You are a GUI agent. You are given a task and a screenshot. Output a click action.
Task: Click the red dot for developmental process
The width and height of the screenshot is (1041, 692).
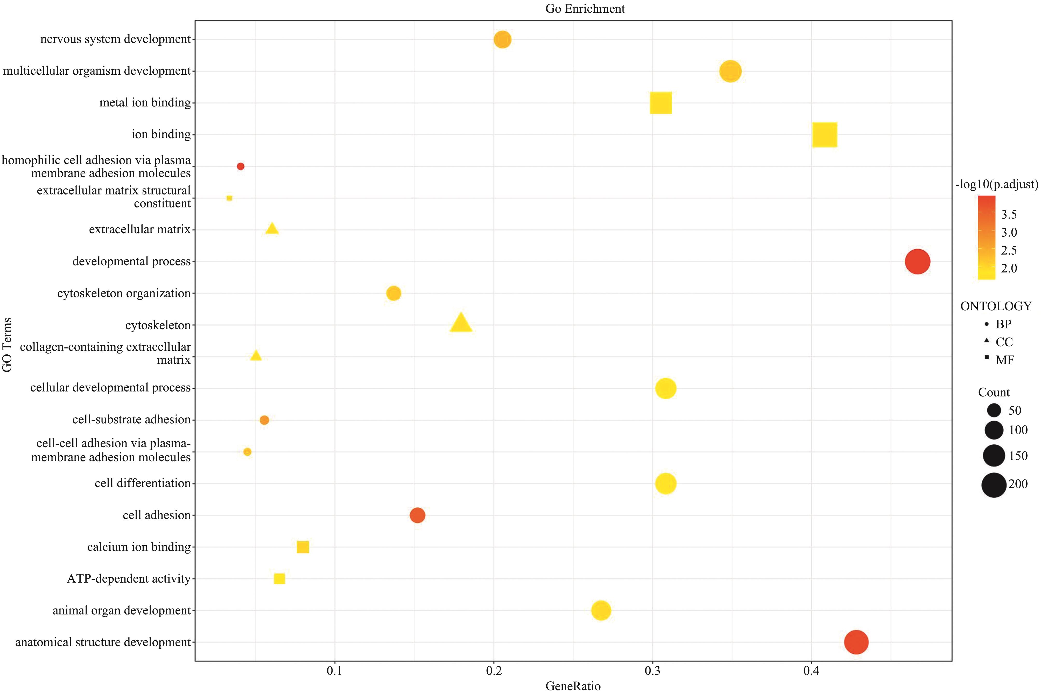[917, 261]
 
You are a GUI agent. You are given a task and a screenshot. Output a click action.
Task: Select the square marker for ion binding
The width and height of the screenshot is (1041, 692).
[824, 135]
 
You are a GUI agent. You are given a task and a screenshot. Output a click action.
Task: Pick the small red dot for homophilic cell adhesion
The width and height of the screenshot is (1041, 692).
[240, 166]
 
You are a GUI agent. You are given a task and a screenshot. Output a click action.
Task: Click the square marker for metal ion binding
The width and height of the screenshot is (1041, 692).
[660, 103]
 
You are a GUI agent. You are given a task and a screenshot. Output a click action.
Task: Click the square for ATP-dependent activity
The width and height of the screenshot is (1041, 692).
[279, 579]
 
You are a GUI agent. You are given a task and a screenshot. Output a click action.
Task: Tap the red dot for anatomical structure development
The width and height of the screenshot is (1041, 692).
[856, 642]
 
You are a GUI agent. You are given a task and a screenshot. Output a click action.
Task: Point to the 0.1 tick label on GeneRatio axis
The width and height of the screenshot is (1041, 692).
[334, 671]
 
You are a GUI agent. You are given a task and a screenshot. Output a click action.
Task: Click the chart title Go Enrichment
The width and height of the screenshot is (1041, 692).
[585, 9]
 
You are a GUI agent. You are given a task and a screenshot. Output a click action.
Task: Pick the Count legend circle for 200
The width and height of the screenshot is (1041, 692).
[993, 485]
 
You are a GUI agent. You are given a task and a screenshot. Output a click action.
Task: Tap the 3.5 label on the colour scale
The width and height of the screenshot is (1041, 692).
[1009, 214]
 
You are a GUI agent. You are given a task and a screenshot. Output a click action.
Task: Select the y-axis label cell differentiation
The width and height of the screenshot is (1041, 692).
[143, 483]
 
